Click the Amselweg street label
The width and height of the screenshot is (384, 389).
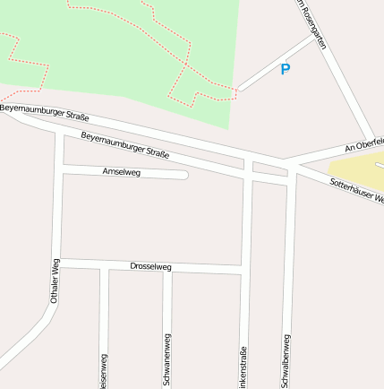122,171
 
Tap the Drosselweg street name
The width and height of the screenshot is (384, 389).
150,266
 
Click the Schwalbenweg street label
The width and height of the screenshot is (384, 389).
287,361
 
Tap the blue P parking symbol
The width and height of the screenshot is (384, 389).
286,69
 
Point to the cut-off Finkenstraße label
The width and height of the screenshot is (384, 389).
243,368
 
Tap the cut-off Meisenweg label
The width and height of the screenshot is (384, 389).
105,372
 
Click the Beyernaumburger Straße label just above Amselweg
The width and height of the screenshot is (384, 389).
124,145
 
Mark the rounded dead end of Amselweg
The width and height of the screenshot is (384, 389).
183,175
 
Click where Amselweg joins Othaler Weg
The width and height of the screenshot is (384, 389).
60,167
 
